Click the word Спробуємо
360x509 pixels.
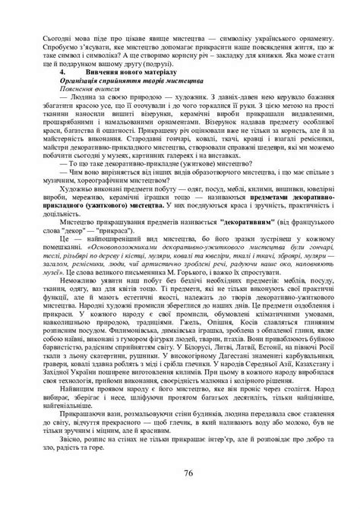coord(65,43)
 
